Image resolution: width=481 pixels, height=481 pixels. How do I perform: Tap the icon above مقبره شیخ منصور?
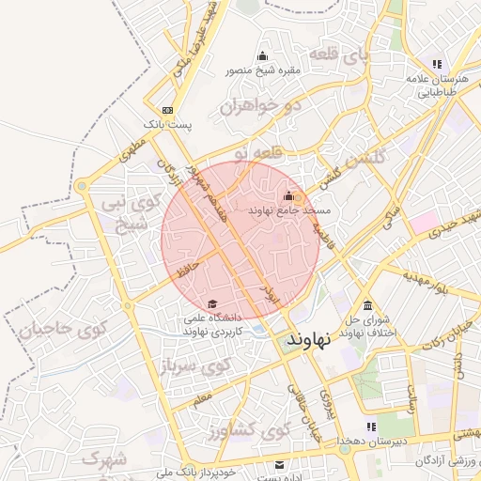pos(262,55)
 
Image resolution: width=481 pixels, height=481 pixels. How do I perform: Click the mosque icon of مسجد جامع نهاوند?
pos(288,196)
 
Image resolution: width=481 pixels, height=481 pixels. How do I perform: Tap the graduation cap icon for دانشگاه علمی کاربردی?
pos(212,304)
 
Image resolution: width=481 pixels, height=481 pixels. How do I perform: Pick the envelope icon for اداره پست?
pos(278,465)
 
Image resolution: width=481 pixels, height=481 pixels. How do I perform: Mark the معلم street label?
pos(203,400)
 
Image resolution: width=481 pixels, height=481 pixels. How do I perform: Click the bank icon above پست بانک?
pos(167,110)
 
